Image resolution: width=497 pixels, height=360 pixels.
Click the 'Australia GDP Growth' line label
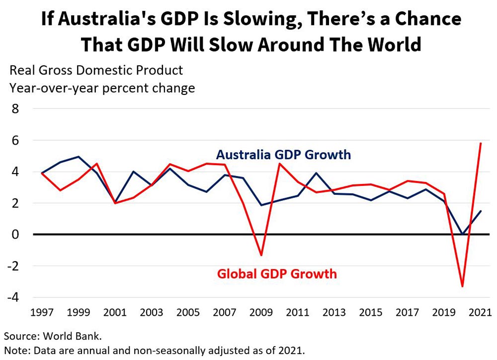(283, 155)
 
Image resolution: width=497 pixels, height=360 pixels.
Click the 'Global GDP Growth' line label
(277, 273)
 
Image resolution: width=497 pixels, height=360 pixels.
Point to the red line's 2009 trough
(261, 255)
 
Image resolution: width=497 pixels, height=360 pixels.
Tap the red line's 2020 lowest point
(463, 286)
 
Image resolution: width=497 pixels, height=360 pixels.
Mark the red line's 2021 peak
(481, 143)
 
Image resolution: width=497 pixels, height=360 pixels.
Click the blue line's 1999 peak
(78, 157)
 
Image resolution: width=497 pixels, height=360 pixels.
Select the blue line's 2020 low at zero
(462, 234)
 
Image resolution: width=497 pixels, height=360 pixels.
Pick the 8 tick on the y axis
(15, 108)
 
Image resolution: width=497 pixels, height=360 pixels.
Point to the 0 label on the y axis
(15, 234)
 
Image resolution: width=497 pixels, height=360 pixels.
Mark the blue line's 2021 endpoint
(481, 211)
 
